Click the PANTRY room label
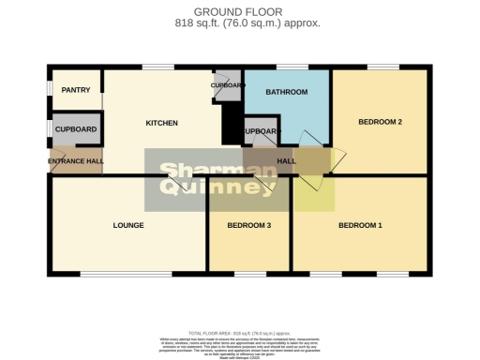[x=74, y=90]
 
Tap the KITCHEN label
[x=161, y=123]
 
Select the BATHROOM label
[x=286, y=92]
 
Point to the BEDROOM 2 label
[x=380, y=122]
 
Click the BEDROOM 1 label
[x=360, y=225]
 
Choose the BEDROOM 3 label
[x=249, y=225]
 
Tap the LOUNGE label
[x=127, y=225]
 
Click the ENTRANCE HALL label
[x=76, y=161]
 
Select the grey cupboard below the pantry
[x=76, y=129]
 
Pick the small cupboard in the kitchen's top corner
[x=228, y=84]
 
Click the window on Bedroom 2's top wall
[x=382, y=67]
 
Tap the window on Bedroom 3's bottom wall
[x=249, y=274]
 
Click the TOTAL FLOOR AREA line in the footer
[x=239, y=333]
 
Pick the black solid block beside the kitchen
[x=232, y=123]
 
